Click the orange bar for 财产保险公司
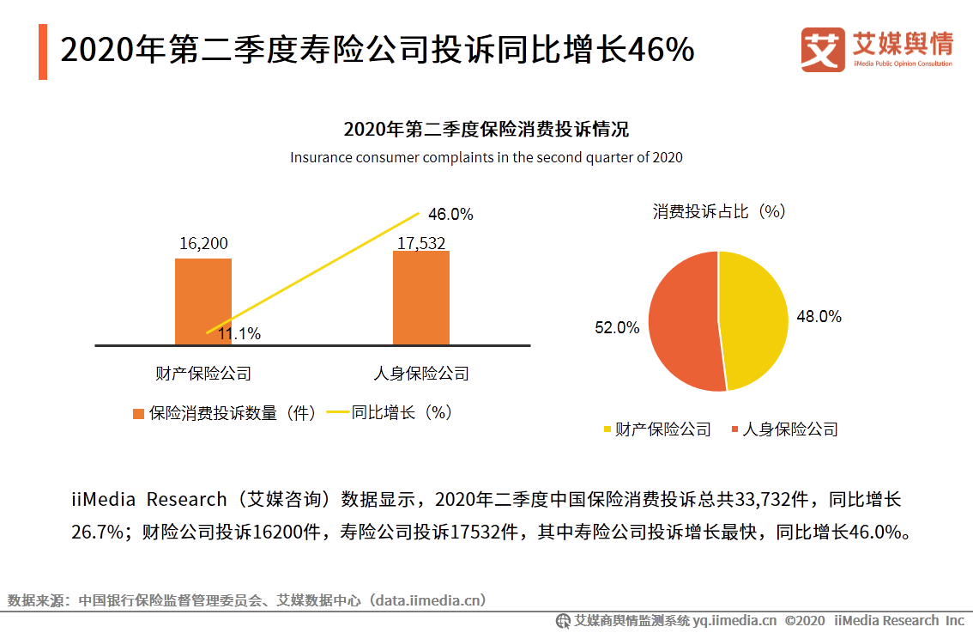point(203,301)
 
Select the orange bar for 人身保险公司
point(421,297)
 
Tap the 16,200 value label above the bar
point(203,244)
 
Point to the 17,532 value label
point(421,244)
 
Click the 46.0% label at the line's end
point(450,215)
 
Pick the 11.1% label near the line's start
point(239,334)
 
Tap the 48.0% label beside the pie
point(819,316)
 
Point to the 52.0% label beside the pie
point(617,327)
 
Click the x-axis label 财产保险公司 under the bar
point(203,374)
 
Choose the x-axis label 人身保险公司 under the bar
point(421,374)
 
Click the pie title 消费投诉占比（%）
point(719,211)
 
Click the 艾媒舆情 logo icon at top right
point(823,50)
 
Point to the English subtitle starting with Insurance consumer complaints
point(486,157)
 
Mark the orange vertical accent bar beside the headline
point(43,52)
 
